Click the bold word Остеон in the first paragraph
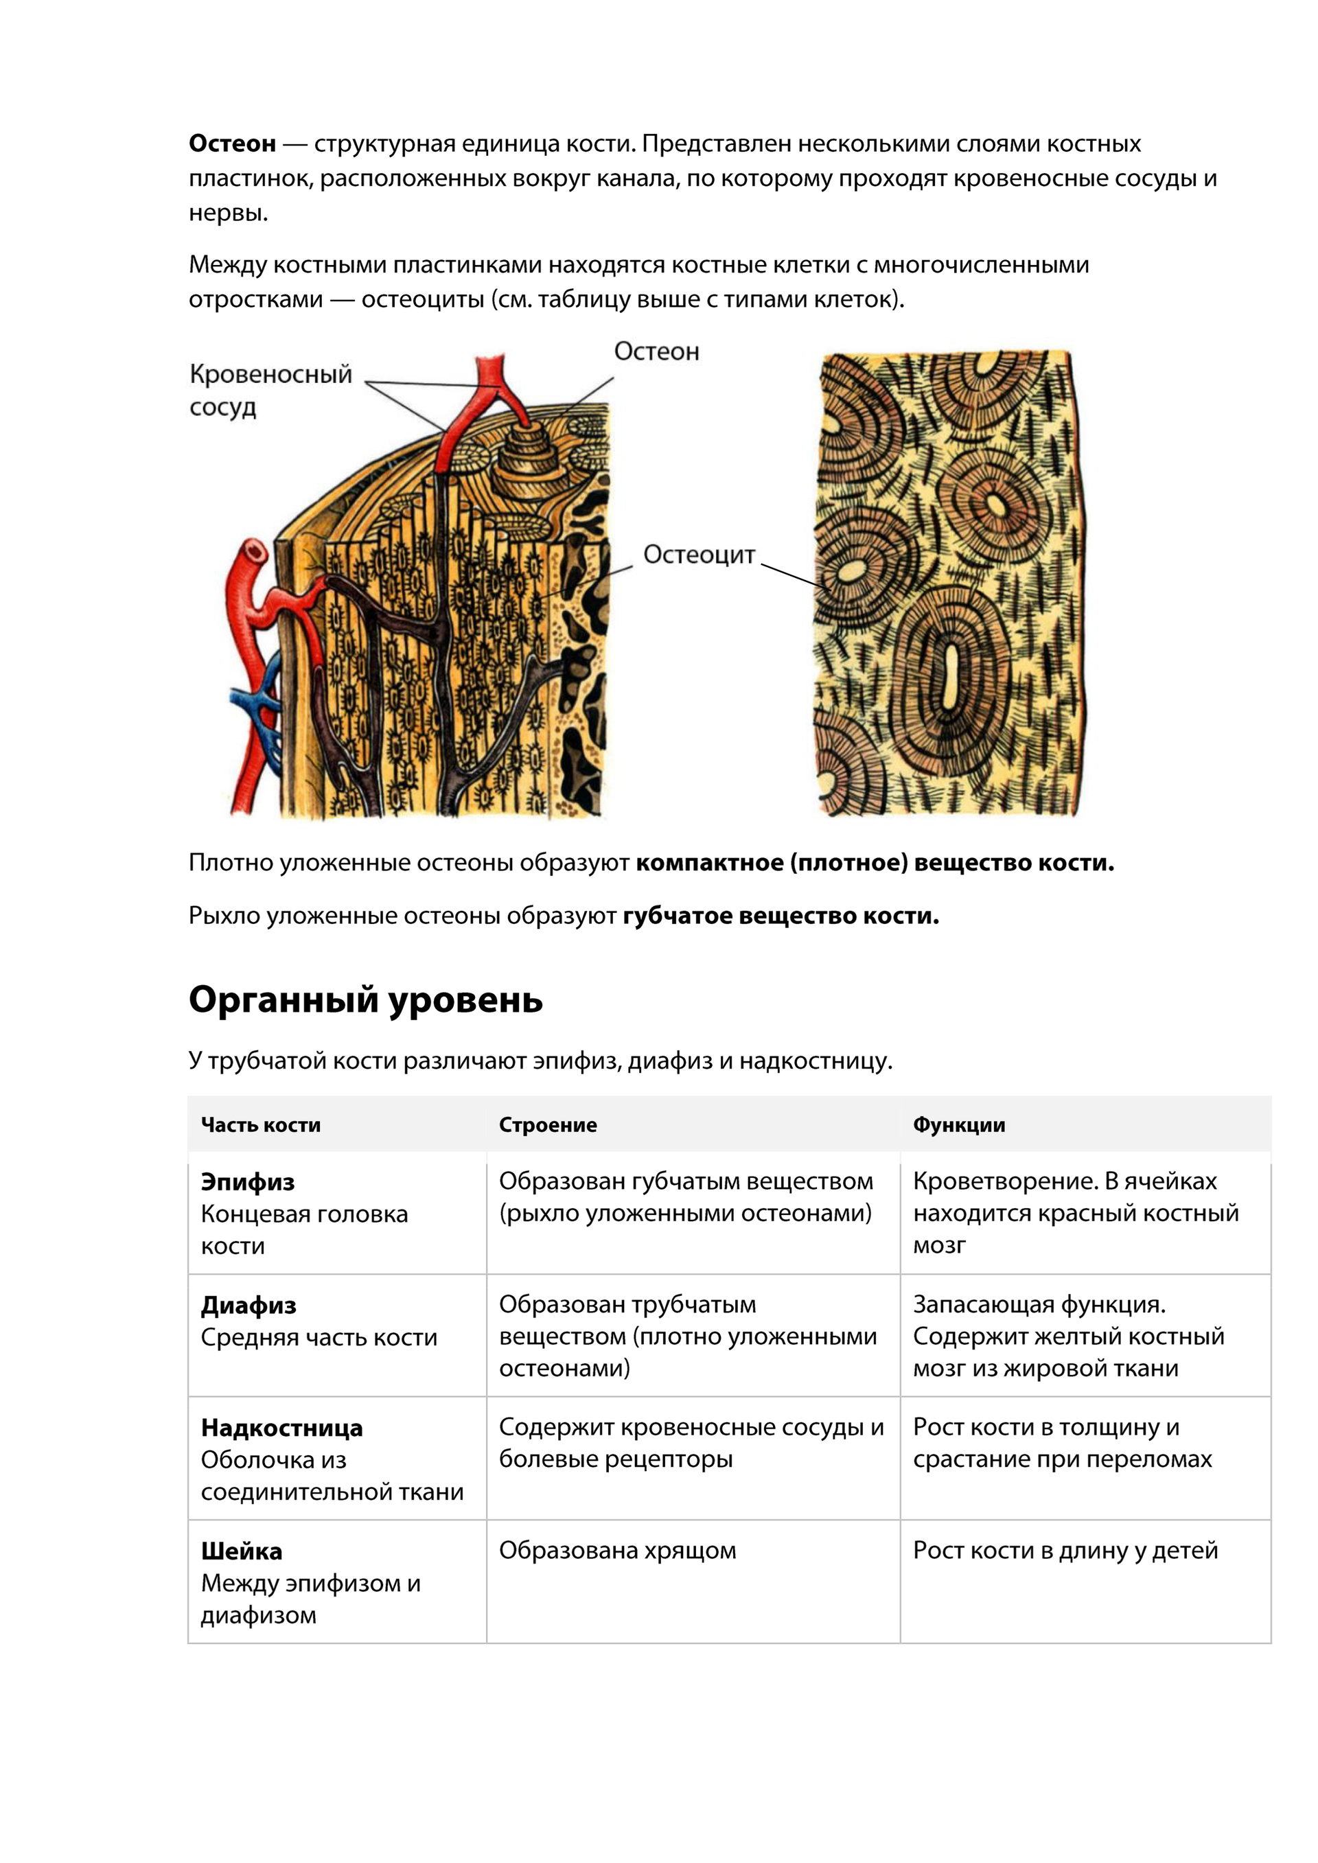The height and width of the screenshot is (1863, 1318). click(232, 143)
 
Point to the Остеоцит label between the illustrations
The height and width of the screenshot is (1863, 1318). click(699, 555)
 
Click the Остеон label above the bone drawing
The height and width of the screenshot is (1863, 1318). click(656, 351)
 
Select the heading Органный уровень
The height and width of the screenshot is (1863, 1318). click(365, 999)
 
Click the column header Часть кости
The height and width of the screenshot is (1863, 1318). click(261, 1124)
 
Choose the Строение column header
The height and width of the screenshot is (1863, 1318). click(548, 1124)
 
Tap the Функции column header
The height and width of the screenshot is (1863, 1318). click(958, 1124)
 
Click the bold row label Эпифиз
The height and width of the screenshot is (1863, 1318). click(248, 1182)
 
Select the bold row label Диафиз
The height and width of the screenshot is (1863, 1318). click(248, 1306)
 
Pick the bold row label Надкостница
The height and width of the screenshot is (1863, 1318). click(281, 1428)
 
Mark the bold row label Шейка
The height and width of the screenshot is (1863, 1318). click(242, 1551)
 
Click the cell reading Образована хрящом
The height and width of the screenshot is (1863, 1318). click(617, 1551)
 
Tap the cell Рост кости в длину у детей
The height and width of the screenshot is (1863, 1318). click(1065, 1551)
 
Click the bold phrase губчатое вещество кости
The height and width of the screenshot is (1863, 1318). click(780, 916)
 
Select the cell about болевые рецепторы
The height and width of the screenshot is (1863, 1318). click(691, 1443)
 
